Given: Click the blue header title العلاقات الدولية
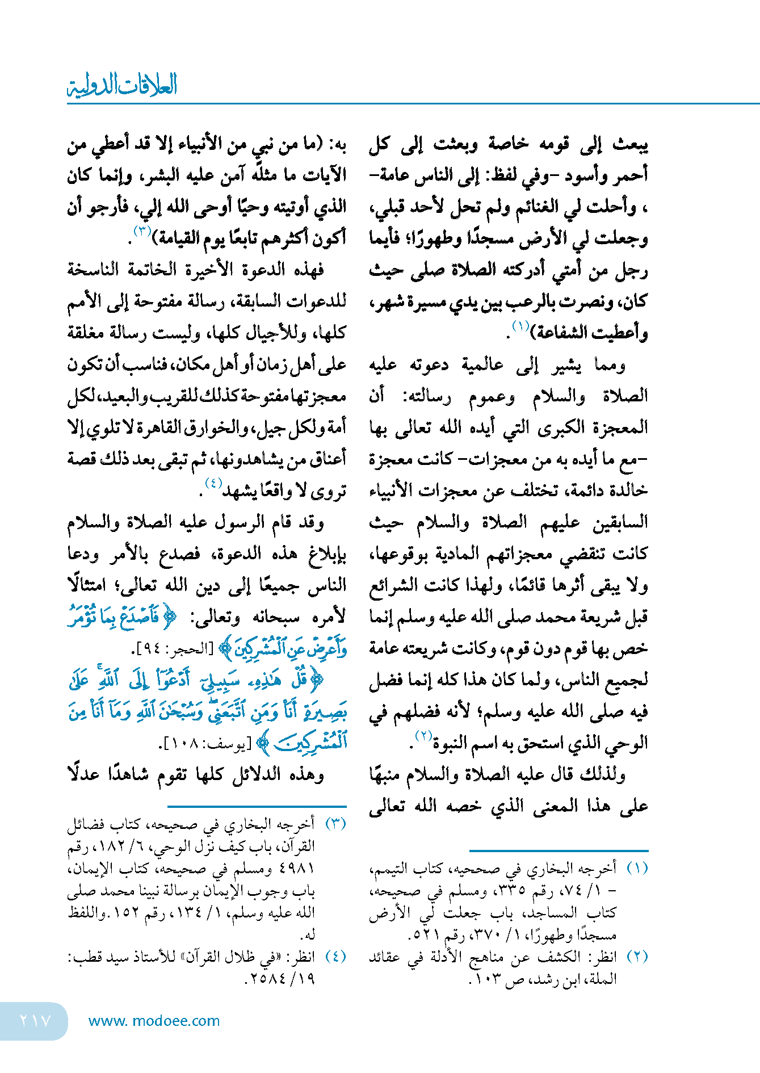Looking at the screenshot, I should click(122, 85).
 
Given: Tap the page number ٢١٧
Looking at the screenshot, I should click(35, 1021).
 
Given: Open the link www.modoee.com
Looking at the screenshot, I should click(154, 1021).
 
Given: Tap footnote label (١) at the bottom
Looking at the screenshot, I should click(637, 869).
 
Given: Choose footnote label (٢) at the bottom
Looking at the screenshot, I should click(637, 957).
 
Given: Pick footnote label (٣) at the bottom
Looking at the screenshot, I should click(335, 824).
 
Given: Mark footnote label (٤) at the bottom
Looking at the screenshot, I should click(335, 957).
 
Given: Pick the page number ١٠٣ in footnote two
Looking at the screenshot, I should click(490, 979).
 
